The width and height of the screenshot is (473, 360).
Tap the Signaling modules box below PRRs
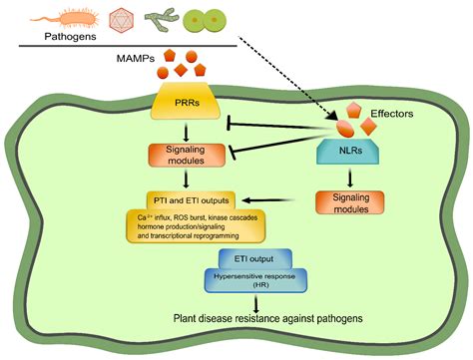click(178, 157)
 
